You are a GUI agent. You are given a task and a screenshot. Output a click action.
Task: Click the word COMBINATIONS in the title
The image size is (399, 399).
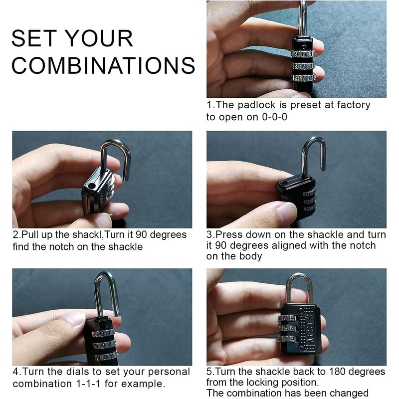103,65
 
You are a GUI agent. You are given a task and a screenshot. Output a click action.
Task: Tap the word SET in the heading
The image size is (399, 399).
34,38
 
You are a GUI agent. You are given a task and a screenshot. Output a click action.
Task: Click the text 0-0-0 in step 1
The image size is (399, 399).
275,117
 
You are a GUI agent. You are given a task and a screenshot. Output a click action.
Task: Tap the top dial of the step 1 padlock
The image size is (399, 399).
303,54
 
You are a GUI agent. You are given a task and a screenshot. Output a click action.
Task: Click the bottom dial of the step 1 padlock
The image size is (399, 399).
303,78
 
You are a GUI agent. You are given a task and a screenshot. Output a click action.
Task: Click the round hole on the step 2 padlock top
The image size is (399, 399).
91,186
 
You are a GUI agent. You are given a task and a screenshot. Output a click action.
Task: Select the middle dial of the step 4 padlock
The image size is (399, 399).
104,345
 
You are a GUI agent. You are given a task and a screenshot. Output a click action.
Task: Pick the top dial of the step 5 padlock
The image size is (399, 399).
288,318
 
